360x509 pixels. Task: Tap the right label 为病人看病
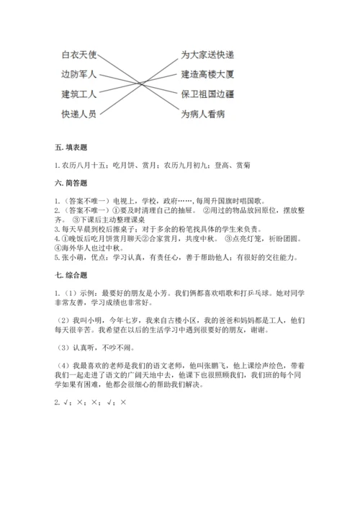point(204,114)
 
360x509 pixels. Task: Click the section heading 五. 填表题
point(71,148)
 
